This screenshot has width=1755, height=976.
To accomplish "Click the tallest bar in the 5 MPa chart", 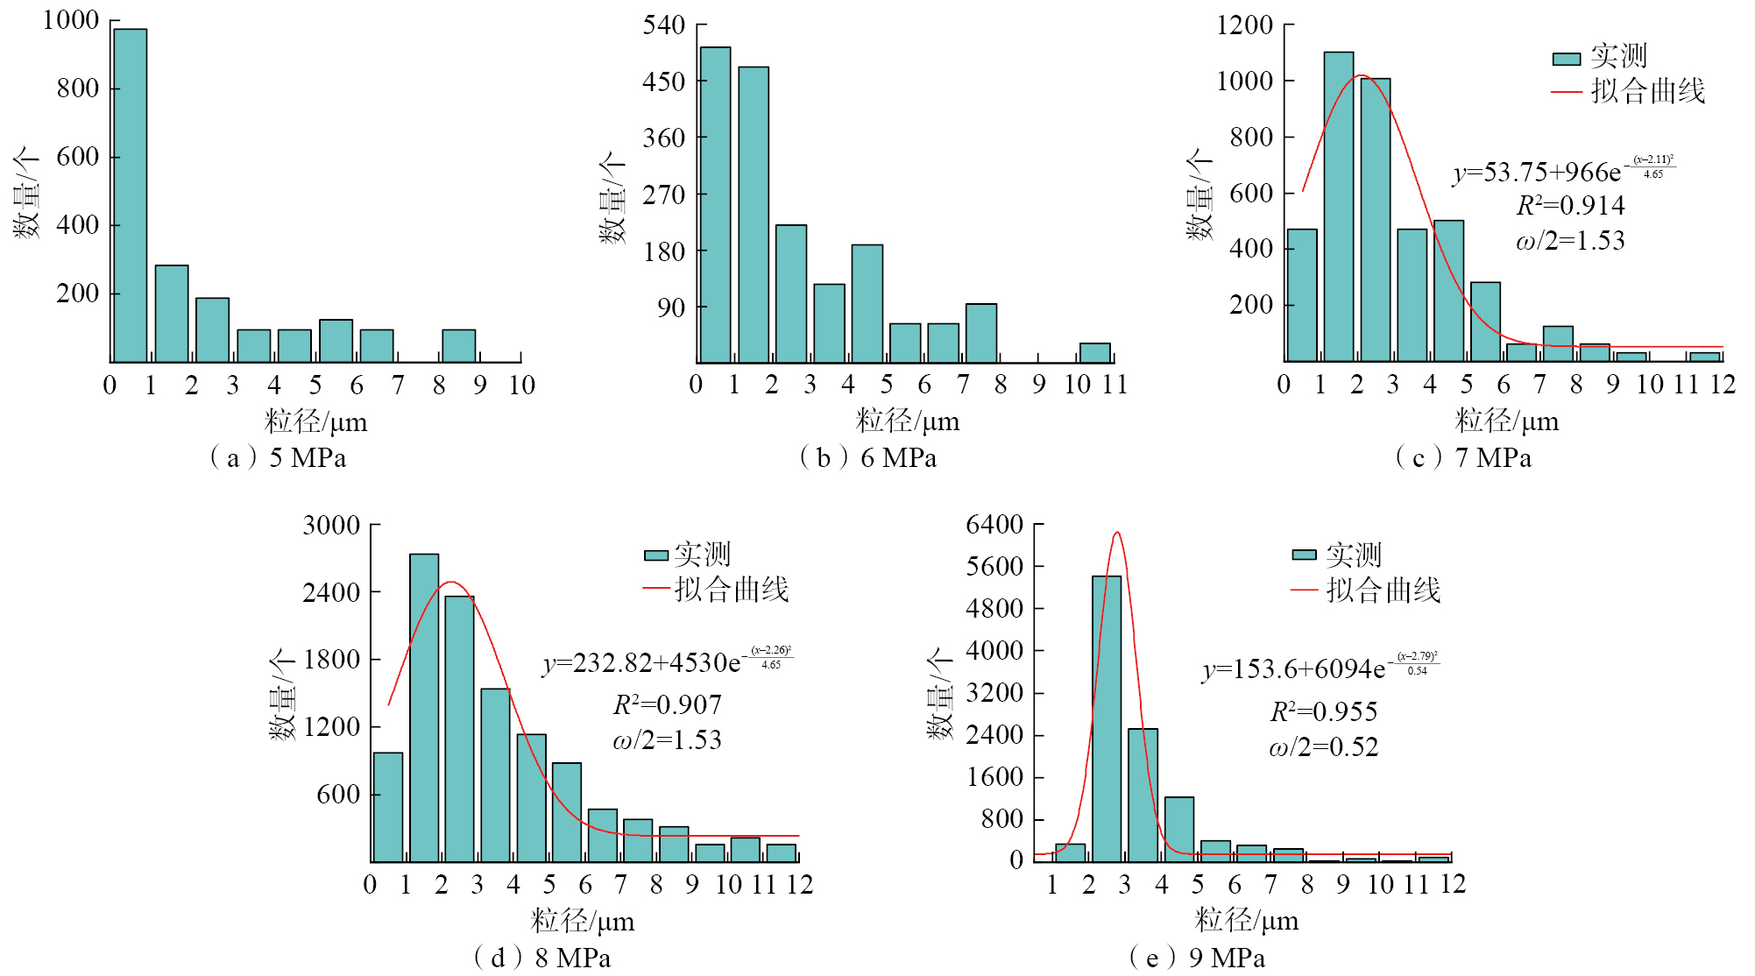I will tap(130, 194).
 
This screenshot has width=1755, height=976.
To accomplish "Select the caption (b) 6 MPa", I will tap(867, 457).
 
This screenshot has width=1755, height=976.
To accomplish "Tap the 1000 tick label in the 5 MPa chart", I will tap(71, 20).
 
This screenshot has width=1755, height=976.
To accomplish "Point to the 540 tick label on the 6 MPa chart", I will tap(664, 25).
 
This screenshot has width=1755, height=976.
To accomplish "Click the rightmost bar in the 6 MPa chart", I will tap(1094, 352).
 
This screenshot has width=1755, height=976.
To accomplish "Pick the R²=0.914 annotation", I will tap(1570, 206).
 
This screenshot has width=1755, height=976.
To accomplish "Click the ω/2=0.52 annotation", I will tap(1323, 747).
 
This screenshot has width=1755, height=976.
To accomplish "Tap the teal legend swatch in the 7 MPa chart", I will tap(1566, 59).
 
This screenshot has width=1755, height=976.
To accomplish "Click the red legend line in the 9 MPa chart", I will tap(1305, 591).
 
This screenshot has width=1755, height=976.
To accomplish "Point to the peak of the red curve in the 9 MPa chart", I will tap(1116, 533).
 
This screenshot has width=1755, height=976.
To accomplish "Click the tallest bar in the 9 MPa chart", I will tap(1107, 718).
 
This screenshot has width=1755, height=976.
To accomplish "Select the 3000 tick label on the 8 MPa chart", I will tap(331, 525).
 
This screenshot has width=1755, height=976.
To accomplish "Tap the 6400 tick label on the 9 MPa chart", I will tap(994, 524).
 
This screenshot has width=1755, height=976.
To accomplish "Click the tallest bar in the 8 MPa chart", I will tap(424, 707).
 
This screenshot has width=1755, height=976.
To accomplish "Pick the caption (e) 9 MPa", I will tap(1197, 958).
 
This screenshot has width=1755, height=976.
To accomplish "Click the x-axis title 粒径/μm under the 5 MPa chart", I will tap(315, 422).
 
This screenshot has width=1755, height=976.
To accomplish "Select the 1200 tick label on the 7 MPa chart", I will tap(1244, 25).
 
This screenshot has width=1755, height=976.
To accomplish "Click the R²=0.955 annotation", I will tap(1323, 711).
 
